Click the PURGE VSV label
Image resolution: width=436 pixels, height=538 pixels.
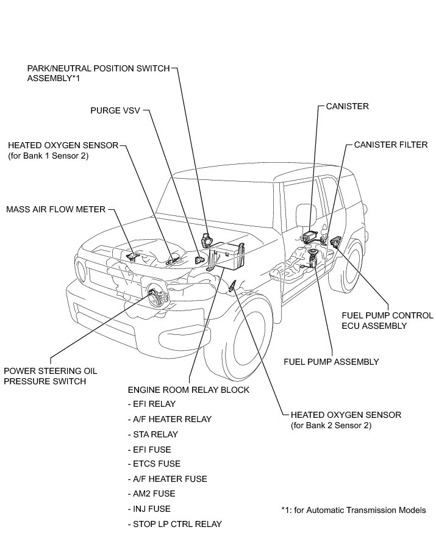click(114, 110)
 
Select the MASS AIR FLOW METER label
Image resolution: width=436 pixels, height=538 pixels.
click(55, 209)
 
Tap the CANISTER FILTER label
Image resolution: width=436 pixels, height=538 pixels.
click(391, 145)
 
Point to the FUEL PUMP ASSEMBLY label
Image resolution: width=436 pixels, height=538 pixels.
click(331, 362)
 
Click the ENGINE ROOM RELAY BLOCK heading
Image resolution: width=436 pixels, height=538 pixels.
click(188, 390)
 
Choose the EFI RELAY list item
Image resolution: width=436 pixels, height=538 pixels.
click(151, 404)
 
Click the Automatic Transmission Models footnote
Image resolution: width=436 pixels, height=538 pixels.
click(353, 510)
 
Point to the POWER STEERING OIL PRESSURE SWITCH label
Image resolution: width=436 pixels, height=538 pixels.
click(50, 376)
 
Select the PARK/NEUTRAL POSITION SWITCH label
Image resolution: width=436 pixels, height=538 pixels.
click(98, 73)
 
